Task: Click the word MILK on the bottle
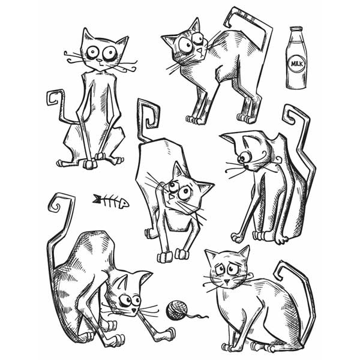296,63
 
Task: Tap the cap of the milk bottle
296,30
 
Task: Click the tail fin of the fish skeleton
96,197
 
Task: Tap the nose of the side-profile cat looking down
238,161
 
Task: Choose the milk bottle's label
296,64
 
